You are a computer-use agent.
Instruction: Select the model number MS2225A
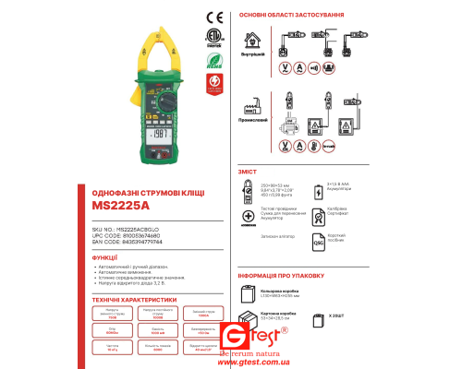coord(122,208)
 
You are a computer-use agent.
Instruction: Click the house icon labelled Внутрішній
coord(252,41)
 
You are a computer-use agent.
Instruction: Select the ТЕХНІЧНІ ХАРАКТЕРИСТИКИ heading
coord(134,299)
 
